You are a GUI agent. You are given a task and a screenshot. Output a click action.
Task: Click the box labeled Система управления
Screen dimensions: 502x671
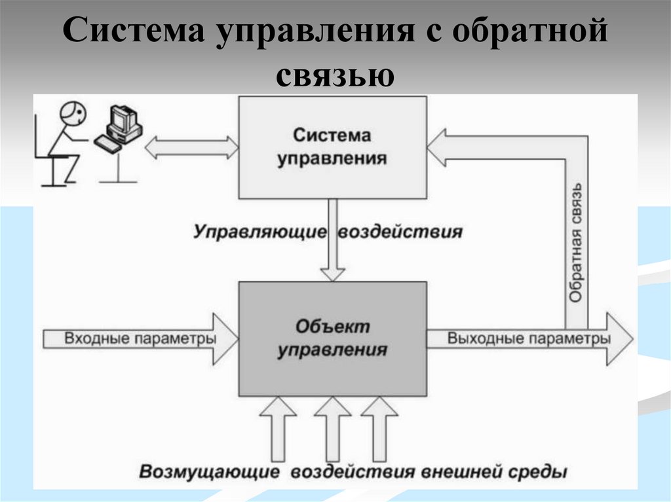[332, 147]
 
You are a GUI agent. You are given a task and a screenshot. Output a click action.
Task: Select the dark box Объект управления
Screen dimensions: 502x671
[332, 338]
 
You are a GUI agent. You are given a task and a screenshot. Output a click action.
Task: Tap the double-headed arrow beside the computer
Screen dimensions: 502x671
[191, 147]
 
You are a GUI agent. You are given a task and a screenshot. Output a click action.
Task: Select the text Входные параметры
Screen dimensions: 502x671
[140, 339]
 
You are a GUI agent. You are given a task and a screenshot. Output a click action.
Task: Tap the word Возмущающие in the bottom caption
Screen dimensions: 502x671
[210, 472]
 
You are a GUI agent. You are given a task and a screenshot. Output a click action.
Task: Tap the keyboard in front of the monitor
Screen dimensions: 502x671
[108, 144]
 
